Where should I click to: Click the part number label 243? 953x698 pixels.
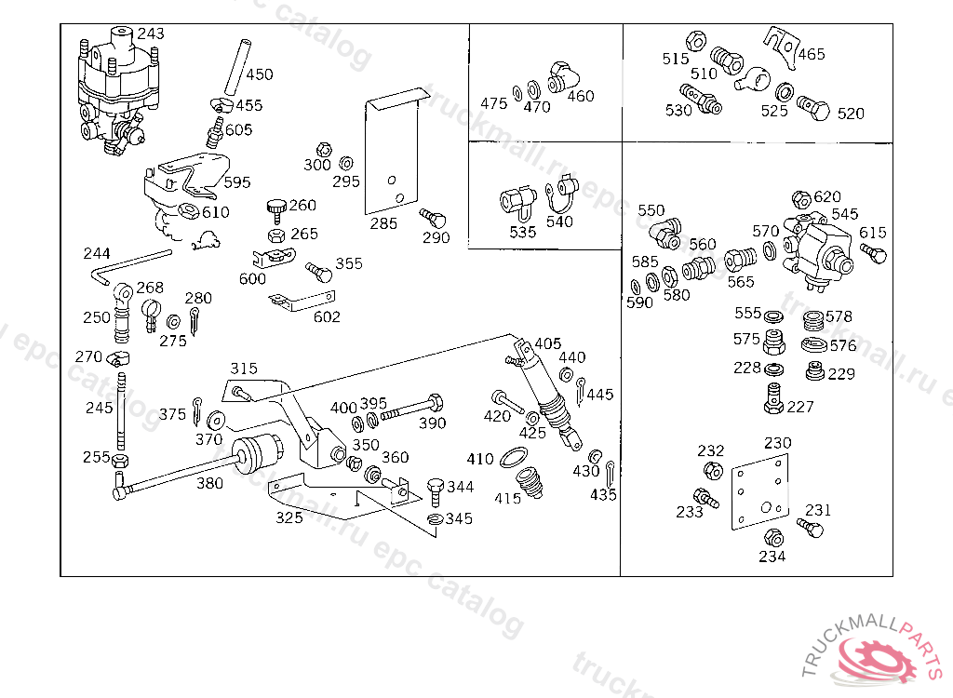click(150, 34)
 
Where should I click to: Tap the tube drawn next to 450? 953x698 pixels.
click(237, 67)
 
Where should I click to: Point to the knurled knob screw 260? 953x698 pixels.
click(276, 210)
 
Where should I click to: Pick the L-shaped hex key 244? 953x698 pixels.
click(130, 266)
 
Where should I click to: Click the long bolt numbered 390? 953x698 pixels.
click(412, 408)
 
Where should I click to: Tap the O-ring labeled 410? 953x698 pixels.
click(514, 457)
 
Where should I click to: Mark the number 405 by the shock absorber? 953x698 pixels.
click(547, 343)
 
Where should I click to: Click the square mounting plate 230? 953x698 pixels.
click(760, 491)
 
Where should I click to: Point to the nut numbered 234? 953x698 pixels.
click(773, 537)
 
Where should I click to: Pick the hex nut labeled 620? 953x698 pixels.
click(801, 199)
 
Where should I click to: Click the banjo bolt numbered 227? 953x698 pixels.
click(773, 399)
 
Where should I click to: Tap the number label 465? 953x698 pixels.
click(812, 54)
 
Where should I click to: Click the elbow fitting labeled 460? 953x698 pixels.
click(563, 77)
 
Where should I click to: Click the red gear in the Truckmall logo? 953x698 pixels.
click(875, 658)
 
